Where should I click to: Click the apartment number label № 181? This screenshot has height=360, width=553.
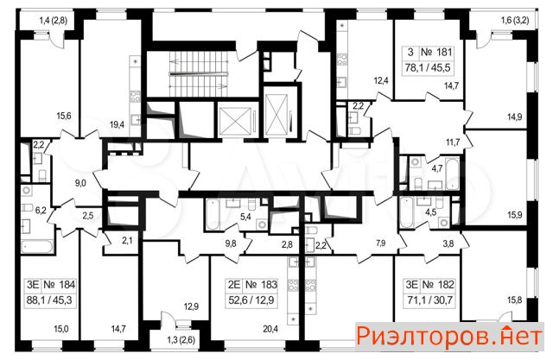[436, 53]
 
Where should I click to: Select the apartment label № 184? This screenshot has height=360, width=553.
[60, 285]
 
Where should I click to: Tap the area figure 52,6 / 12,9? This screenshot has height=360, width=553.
[251, 300]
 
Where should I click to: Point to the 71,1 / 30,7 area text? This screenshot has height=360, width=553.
[429, 300]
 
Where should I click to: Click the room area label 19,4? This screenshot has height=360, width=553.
[118, 124]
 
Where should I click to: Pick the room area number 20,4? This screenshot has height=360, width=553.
[270, 329]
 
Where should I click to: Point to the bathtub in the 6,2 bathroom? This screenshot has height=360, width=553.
[37, 246]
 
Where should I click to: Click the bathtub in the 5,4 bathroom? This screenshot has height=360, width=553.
[213, 214]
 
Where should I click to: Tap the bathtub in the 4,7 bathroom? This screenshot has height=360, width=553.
[452, 174]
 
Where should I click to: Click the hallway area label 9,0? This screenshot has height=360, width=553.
[80, 183]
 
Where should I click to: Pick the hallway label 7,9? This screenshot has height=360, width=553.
[380, 243]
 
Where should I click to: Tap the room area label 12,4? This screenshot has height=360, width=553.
[381, 80]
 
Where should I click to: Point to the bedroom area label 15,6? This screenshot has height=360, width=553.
[64, 116]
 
